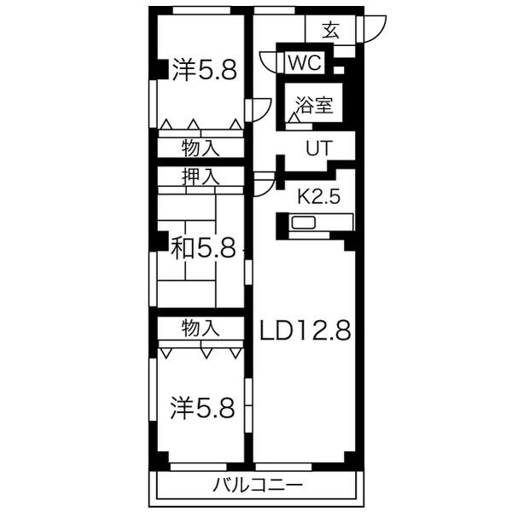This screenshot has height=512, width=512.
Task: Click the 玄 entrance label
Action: pyautogui.click(x=330, y=32)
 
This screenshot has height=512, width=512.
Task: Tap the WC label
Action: pyautogui.click(x=305, y=62)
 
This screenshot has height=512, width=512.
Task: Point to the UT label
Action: pyautogui.click(x=318, y=148)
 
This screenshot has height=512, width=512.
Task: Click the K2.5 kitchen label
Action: pyautogui.click(x=318, y=196)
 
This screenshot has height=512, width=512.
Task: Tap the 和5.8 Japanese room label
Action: pyautogui.click(x=203, y=247)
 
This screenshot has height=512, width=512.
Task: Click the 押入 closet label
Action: pyautogui.click(x=201, y=177)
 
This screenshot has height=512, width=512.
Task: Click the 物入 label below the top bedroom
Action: pyautogui.click(x=201, y=148)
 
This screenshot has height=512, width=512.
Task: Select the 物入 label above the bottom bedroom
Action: pyautogui.click(x=201, y=326)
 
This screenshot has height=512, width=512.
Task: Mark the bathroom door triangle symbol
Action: pyautogui.click(x=294, y=120)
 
